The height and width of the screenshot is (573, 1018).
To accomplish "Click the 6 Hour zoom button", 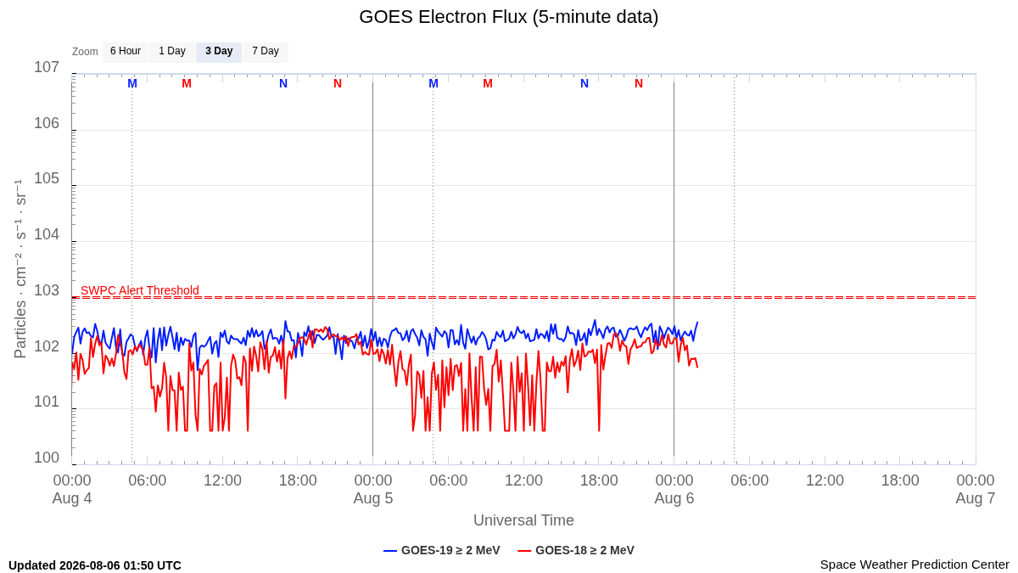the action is pos(126,52).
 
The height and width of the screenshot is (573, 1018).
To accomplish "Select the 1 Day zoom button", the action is pos(172,52).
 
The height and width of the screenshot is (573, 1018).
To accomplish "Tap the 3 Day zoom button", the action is pos(219,52).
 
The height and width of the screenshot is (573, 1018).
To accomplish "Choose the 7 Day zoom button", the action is pos(266,52).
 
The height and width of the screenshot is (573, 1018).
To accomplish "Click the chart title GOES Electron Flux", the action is pos(508,17).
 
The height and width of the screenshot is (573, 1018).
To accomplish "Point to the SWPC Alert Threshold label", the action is pos(140,290).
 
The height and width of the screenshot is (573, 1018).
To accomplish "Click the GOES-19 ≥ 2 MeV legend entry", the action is pos(442,550).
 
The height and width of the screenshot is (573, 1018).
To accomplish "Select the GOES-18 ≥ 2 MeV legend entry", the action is pos(576,550).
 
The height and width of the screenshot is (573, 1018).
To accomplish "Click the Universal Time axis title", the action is pos(523,520).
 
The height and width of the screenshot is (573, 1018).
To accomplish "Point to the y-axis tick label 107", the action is pos(47,67).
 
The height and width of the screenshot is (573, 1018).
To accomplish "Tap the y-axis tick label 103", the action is pos(47,290).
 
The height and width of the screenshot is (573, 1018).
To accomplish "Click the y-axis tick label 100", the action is pos(47,458).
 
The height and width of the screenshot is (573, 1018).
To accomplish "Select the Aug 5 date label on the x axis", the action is pos(373,498).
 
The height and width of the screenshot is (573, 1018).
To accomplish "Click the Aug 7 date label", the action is pos(976,498).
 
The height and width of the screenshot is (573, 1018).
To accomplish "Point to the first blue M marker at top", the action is pos(132,84).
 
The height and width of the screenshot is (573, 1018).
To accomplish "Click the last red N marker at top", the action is pos(639,84).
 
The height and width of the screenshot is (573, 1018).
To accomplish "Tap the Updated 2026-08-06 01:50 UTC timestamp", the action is pos(95,565).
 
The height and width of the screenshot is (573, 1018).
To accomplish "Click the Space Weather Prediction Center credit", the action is pos(915,565).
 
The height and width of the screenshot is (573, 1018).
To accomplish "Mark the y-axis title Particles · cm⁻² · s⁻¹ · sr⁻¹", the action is pos(20,269).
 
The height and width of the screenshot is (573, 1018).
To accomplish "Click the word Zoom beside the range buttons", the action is pos(85,52).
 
